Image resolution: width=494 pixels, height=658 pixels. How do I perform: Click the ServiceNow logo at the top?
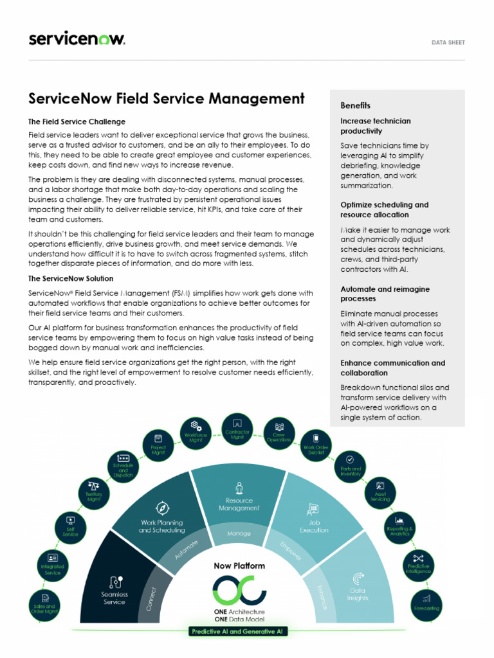(77, 39)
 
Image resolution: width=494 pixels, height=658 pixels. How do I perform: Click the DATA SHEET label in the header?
(448, 42)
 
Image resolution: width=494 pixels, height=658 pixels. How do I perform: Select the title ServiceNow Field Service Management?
(167, 99)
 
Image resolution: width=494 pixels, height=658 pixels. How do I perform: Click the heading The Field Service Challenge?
(77, 121)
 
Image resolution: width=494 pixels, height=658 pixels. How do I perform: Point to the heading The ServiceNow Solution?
(71, 278)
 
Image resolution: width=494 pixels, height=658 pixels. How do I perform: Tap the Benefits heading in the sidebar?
(355, 105)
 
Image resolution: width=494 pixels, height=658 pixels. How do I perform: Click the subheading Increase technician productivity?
(375, 126)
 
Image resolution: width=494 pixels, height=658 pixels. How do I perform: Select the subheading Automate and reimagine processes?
(385, 294)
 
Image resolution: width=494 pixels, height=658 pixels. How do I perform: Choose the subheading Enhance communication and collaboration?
(392, 368)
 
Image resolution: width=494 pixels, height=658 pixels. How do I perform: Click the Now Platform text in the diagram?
(239, 566)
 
